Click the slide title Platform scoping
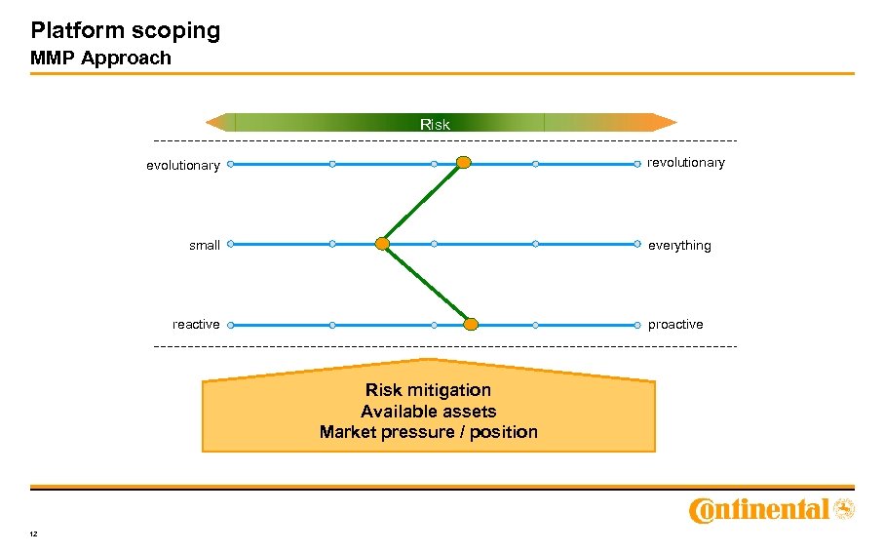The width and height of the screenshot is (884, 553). [126, 30]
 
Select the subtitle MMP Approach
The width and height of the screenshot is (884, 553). [100, 58]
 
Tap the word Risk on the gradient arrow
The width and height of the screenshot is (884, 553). [435, 124]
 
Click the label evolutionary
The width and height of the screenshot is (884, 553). [182, 166]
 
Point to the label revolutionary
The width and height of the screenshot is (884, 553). [686, 163]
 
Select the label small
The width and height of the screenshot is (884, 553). [205, 246]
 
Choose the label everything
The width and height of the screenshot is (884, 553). [679, 246]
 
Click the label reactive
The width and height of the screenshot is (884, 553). [196, 325]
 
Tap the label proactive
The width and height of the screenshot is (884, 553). [675, 325]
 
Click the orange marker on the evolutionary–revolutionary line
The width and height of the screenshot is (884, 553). [464, 163]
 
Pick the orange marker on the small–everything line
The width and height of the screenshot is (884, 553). [382, 243]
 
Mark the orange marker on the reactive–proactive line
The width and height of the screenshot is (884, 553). [471, 324]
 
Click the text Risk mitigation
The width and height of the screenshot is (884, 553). [428, 390]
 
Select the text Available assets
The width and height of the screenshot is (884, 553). [428, 412]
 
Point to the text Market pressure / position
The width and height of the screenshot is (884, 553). [428, 432]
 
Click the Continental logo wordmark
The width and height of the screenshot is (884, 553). [759, 510]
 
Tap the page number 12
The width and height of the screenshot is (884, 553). [34, 534]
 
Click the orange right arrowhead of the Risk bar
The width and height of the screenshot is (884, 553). [664, 123]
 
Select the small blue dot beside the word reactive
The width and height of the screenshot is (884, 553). [231, 325]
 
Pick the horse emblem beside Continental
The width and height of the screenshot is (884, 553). [844, 508]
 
